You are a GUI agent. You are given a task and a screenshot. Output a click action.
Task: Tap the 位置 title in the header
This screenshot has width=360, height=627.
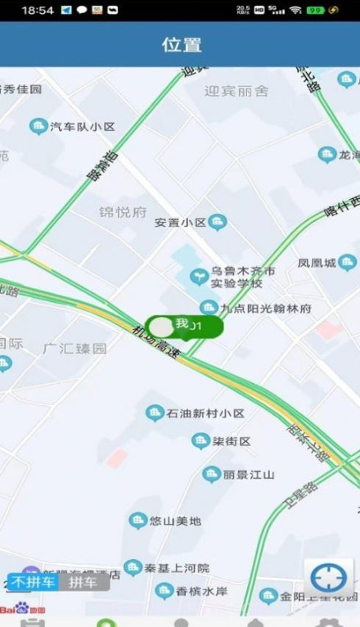pyautogui.click(x=181, y=44)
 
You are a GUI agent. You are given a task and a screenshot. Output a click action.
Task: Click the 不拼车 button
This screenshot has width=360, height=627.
pyautogui.click(x=34, y=583)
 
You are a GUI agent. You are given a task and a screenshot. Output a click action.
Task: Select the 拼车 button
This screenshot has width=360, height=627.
pyautogui.click(x=83, y=583)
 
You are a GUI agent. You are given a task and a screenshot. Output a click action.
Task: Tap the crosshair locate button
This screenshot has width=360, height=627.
pyautogui.click(x=329, y=578)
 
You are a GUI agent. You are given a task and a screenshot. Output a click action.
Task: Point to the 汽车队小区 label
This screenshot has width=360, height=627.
pyautogui.click(x=82, y=127)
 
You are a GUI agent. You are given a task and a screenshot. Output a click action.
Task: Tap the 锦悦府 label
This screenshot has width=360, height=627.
pyautogui.click(x=123, y=212)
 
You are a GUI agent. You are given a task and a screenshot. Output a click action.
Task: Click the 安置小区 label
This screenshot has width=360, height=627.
pyautogui.click(x=181, y=222)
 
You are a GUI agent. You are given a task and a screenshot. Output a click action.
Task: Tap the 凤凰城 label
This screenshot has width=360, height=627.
pyautogui.click(x=317, y=264)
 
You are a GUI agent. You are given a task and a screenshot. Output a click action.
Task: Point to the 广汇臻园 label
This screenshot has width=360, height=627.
pyautogui.click(x=75, y=348)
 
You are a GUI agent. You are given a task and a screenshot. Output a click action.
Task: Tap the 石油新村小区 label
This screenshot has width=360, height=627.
pyautogui.click(x=205, y=413)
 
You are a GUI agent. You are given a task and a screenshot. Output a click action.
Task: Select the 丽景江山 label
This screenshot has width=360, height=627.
pyautogui.click(x=250, y=475)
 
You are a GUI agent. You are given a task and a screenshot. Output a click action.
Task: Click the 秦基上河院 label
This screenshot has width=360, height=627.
pyautogui.click(x=177, y=567)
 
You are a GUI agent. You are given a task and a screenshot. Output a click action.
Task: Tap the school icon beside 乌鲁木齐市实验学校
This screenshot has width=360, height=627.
pyautogui.click(x=198, y=277)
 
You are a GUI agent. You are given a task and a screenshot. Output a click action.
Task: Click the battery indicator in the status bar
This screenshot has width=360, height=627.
pyautogui.click(x=315, y=10)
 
